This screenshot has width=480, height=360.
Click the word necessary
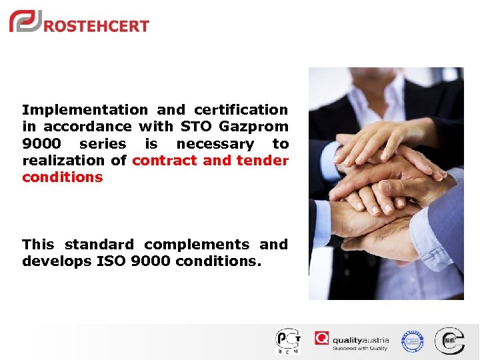coord(215,144)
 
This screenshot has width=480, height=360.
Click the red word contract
coord(165,161)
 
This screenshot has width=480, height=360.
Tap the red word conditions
coord(63,177)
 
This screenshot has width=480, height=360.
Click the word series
coord(102,144)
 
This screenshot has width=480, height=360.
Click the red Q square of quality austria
coord(322,339)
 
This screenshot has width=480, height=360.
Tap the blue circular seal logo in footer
coord(412,341)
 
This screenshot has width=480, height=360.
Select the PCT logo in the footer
coord(288,341)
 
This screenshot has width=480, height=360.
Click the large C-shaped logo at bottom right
coord(449,341)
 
